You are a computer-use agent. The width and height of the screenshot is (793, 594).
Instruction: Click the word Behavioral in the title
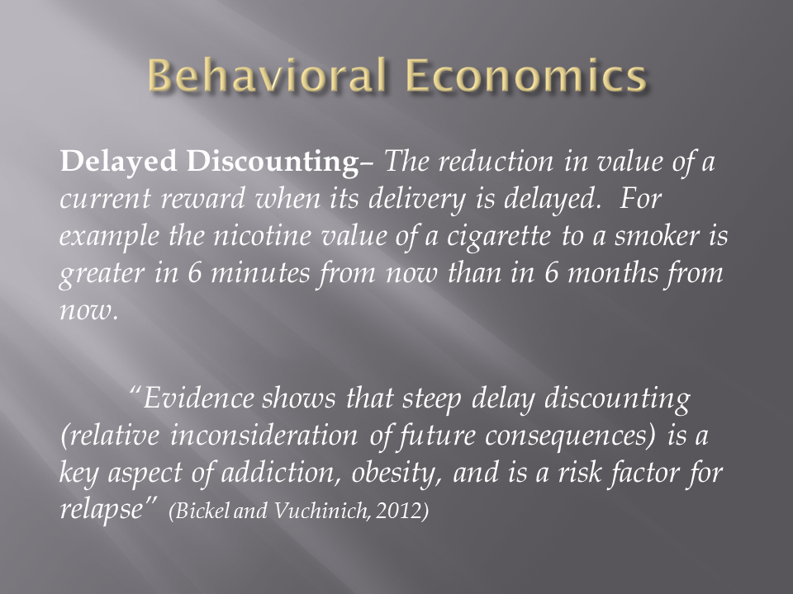click(268, 75)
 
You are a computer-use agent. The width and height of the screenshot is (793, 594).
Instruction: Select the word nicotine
click(262, 236)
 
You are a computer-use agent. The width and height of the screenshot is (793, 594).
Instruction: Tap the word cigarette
click(498, 236)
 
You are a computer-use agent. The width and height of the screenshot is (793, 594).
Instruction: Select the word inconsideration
click(264, 436)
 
